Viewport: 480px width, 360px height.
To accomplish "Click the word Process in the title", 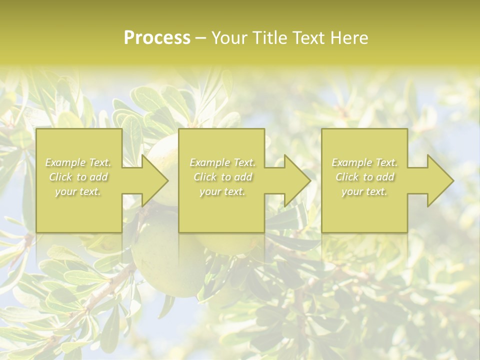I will pyautogui.click(x=157, y=38).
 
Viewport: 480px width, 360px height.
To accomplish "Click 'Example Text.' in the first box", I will pyautogui.click(x=78, y=162).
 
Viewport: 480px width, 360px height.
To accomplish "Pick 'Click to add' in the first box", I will pyautogui.click(x=78, y=177).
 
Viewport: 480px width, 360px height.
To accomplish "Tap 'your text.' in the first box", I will pyautogui.click(x=78, y=191).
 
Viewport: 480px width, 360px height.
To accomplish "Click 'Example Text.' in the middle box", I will pyautogui.click(x=222, y=162).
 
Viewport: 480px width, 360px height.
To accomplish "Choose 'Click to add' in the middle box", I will pyautogui.click(x=222, y=177).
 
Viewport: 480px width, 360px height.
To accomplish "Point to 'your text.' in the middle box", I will pyautogui.click(x=222, y=191).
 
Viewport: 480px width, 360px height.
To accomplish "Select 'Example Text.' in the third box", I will pyautogui.click(x=364, y=162).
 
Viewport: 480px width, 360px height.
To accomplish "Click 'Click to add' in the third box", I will pyautogui.click(x=364, y=177).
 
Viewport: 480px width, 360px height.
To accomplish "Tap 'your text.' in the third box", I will pyautogui.click(x=364, y=191).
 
